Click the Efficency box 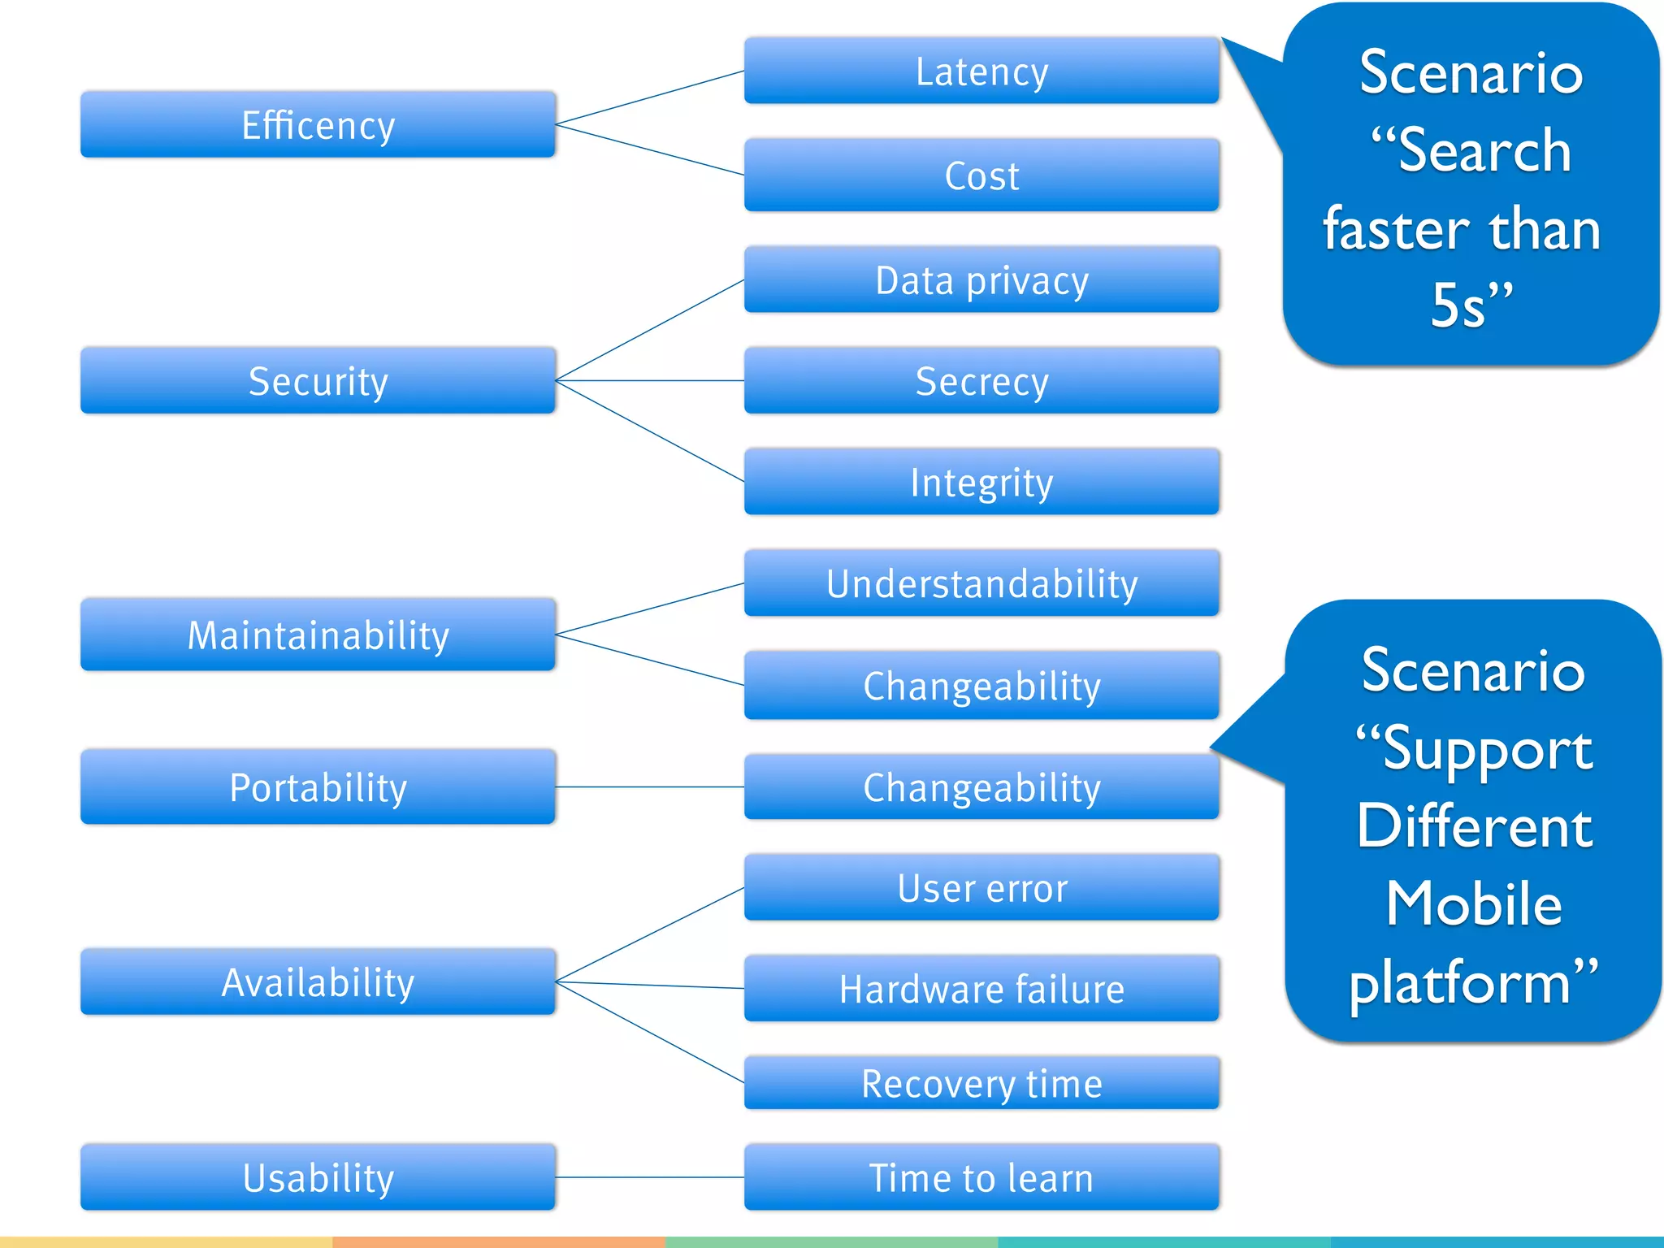pos(318,124)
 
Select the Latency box pos(981,71)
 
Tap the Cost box pos(981,175)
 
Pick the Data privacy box pos(981,280)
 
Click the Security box pos(318,380)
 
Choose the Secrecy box pos(981,380)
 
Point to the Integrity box pos(981,482)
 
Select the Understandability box pos(981,583)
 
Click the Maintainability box pos(318,635)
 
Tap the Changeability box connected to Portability pos(981,786)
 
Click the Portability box pos(318,786)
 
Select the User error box pos(981,887)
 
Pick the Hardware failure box pos(981,989)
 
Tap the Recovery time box pos(981,1083)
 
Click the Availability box pos(318,981)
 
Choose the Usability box pos(318,1177)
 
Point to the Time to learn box pos(981,1177)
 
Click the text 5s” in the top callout pos(1471,305)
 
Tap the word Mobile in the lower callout pos(1473,903)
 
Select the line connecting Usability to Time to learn pos(650,1177)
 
